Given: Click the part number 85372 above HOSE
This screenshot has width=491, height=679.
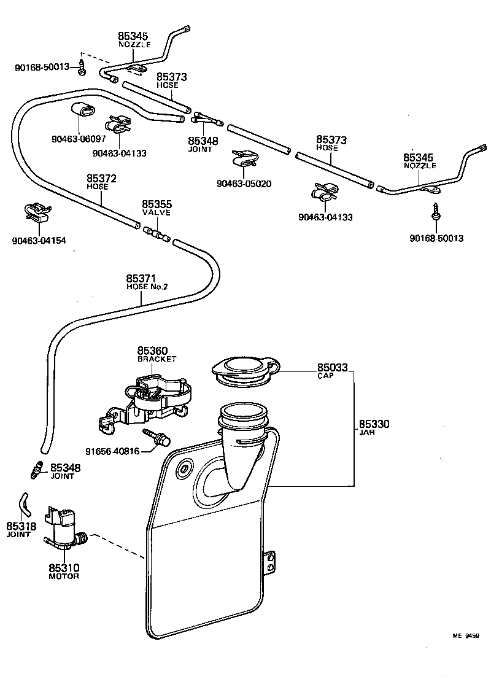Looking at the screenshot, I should [101, 179].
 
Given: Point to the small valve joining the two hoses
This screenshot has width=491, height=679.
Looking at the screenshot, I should [157, 234].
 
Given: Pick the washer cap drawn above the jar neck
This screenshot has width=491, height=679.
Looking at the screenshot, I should [244, 371].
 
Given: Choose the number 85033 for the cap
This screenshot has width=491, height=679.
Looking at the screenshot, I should [332, 368].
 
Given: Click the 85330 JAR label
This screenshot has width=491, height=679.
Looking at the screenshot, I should [374, 427].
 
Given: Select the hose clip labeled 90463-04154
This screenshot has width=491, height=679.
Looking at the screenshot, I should [36, 212].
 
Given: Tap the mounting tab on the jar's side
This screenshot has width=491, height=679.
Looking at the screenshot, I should [270, 564].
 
